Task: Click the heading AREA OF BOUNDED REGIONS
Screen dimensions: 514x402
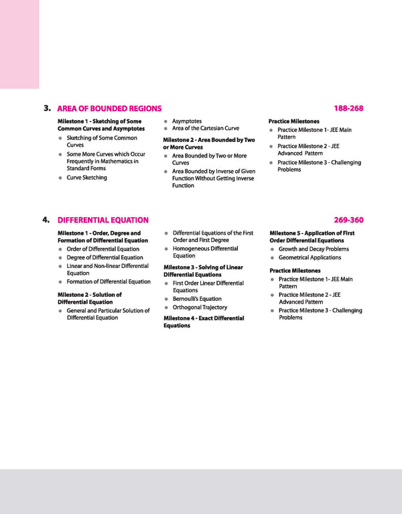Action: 109,108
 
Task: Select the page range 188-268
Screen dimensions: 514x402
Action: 348,108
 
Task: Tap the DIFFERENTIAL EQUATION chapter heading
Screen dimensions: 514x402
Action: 103,220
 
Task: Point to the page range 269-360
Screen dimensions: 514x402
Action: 348,220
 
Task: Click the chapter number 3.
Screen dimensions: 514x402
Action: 47,108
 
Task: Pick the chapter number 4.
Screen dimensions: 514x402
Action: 47,220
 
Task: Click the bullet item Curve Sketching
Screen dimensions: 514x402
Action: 86,178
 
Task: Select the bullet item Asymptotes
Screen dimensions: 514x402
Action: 186,121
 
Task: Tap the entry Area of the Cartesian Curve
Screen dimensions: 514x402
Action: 205,128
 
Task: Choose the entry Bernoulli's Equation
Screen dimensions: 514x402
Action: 197,299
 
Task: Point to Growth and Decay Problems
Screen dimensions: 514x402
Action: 314,249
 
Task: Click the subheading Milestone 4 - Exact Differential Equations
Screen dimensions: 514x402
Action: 204,322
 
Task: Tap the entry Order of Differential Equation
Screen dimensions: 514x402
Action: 103,249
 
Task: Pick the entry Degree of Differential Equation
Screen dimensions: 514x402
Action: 105,257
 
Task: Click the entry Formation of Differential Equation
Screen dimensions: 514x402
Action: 109,281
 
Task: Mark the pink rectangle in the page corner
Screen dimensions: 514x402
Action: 19,44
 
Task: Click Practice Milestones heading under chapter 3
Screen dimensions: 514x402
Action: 293,121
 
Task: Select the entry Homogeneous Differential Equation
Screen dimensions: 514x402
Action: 205,252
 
